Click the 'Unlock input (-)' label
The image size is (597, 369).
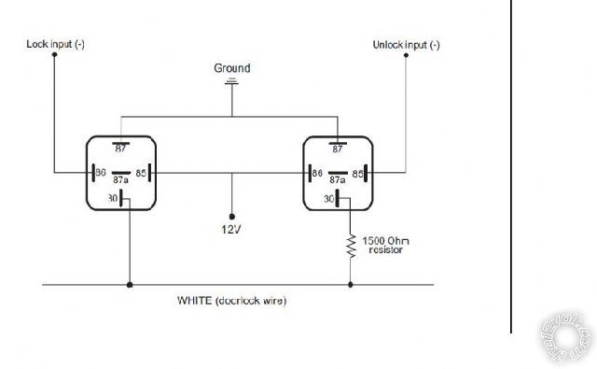click(407, 44)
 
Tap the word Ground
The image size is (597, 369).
click(232, 68)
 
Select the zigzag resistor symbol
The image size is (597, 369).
click(352, 245)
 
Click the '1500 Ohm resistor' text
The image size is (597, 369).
click(385, 245)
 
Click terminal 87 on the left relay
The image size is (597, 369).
click(121, 148)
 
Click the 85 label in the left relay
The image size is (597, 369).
click(140, 173)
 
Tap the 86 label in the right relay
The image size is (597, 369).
click(317, 173)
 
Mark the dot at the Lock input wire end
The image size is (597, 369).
click(54, 55)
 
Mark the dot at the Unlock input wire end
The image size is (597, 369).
click(407, 55)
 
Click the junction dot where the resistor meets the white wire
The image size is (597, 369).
click(352, 284)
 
